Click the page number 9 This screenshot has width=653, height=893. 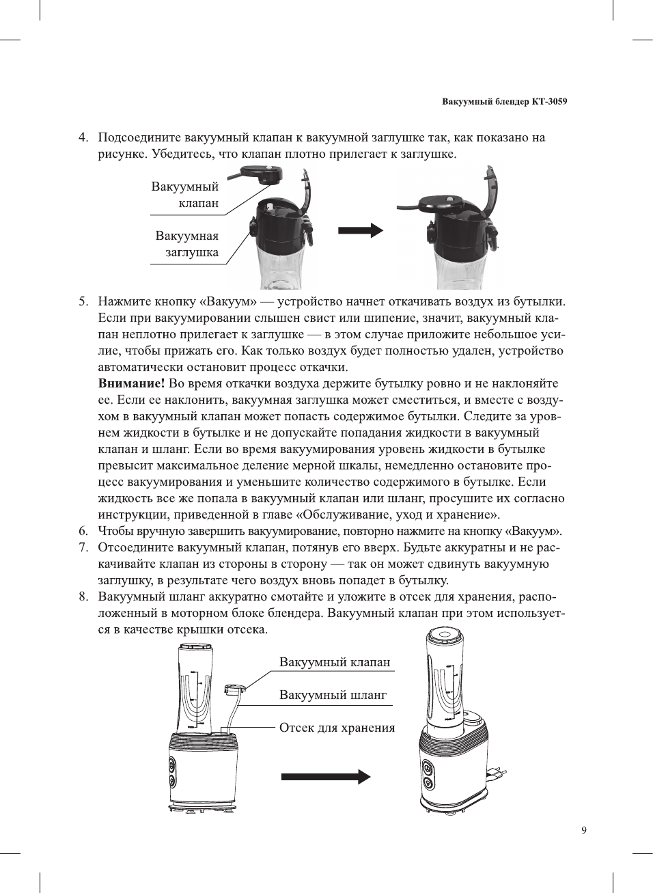click(583, 830)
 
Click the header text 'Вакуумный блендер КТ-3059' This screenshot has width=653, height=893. click(504, 102)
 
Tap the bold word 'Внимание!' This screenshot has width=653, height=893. click(131, 383)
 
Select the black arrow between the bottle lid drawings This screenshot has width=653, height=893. click(360, 230)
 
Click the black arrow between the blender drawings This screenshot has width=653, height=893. click(325, 776)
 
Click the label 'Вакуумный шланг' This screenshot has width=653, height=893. click(333, 695)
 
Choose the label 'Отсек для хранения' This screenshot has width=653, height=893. click(337, 728)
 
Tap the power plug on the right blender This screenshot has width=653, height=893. click(497, 773)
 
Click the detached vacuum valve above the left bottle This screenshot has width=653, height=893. click(261, 174)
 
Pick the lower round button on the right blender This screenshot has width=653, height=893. click(428, 782)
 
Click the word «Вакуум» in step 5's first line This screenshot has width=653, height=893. click(227, 301)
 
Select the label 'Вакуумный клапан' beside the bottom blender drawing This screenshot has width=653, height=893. click(335, 662)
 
